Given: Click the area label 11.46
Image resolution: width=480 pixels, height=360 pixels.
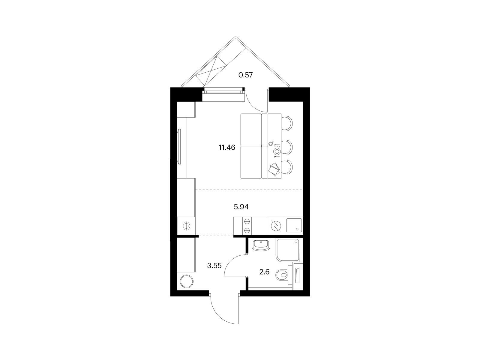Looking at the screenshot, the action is coord(227,148).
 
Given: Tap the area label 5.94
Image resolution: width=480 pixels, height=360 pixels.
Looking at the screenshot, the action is coord(241,207).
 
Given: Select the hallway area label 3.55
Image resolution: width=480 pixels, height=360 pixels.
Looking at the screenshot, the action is coord(214,266).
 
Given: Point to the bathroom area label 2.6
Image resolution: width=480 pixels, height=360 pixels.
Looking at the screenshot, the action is coord(264,272).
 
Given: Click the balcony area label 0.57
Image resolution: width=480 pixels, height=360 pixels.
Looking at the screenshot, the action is coord(246,75).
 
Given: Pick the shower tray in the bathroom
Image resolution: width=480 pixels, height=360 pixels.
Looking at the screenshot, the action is coord(288,250).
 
